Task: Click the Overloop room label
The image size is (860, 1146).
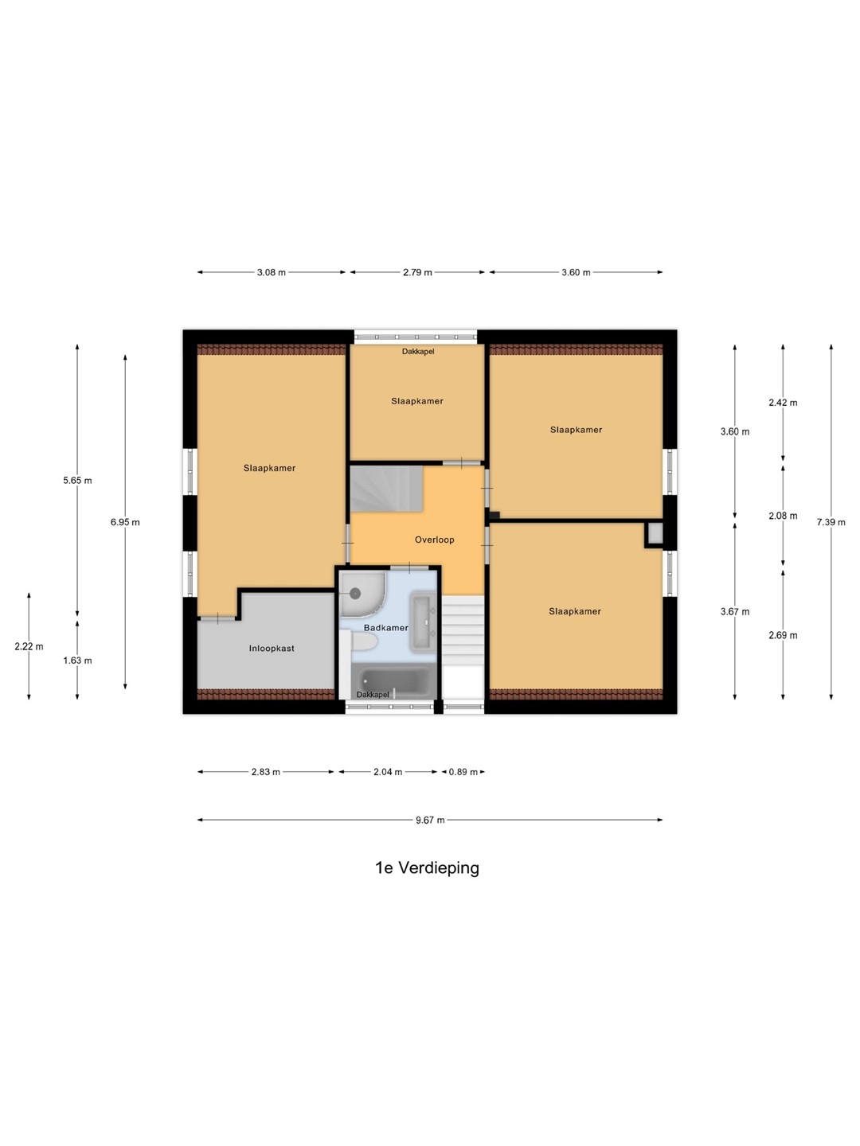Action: tap(435, 540)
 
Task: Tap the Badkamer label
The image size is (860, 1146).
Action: tap(386, 628)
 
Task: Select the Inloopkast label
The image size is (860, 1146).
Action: tap(272, 649)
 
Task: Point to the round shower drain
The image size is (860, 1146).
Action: tap(356, 593)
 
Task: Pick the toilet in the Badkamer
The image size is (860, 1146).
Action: tap(364, 643)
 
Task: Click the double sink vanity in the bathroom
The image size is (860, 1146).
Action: tap(424, 622)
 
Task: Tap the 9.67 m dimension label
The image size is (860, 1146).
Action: tap(430, 820)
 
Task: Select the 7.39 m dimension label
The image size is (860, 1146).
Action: tap(831, 522)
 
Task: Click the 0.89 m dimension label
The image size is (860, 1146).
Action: tap(463, 772)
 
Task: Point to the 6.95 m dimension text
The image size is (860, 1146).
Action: tap(125, 522)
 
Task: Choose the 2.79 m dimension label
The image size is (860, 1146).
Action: tap(417, 272)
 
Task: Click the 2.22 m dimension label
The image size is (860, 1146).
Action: tap(29, 646)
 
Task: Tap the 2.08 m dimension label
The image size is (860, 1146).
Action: tap(783, 516)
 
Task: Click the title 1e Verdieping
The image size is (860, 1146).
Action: tap(427, 867)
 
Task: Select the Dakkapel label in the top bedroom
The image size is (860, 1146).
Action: tap(418, 352)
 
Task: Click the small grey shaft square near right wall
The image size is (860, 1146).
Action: tap(655, 533)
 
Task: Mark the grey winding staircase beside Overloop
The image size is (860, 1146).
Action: tap(386, 489)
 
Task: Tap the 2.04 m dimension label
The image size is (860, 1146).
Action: tap(388, 772)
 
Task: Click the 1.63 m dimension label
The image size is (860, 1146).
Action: tap(77, 661)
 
